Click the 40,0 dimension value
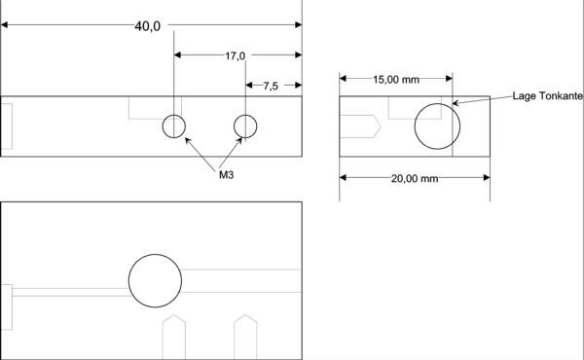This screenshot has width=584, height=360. coord(148,26)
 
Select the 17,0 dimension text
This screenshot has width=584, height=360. coord(235,55)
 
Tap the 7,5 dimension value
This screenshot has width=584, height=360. coord(271,86)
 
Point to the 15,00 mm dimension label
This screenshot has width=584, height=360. coord(396,79)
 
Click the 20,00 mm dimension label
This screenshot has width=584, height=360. coord(415,178)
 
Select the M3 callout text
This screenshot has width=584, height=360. coord(226,174)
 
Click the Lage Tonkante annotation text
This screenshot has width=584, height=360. coord(547,96)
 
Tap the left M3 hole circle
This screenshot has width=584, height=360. coord(163,126)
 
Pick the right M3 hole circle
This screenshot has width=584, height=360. coord(234,126)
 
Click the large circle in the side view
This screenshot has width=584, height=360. coord(415,126)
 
